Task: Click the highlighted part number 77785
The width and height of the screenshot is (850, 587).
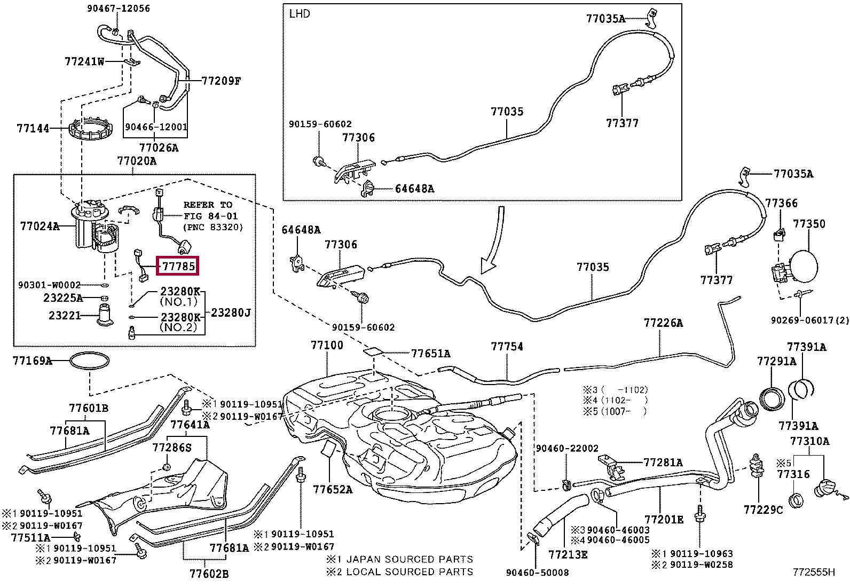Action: tap(178, 265)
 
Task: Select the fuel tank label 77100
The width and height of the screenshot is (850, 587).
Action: tap(327, 345)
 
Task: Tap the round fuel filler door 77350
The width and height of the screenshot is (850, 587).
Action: tap(803, 264)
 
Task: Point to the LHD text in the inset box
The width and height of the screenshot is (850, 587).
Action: tap(299, 14)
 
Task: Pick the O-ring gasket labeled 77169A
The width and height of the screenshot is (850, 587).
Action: tap(91, 362)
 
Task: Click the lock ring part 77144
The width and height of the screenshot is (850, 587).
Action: tap(92, 130)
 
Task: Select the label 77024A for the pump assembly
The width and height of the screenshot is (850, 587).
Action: tap(40, 226)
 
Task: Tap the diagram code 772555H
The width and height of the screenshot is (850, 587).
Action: tap(813, 572)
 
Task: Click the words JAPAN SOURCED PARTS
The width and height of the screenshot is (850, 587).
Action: tap(410, 559)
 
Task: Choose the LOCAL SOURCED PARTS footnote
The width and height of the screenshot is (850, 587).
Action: tap(410, 572)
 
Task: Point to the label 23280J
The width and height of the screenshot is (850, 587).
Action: tap(231, 312)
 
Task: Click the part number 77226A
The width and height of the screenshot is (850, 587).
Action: tap(663, 323)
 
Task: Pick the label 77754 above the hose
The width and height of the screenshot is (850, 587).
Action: tap(507, 347)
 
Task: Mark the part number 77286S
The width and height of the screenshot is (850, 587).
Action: tap(171, 447)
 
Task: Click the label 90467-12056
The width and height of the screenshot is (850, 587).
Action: tap(119, 9)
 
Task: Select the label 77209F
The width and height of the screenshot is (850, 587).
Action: tap(221, 81)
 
